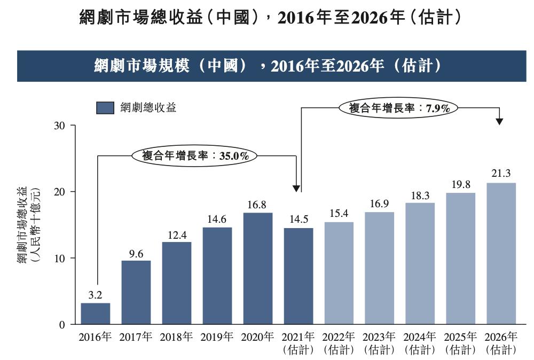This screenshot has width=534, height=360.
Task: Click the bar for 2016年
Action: click(x=96, y=314)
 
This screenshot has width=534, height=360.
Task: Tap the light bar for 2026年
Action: click(x=501, y=253)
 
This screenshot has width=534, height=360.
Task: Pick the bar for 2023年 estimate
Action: click(x=380, y=268)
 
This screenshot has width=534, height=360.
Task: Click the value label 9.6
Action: click(x=136, y=254)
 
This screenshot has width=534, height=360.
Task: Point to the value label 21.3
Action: click(x=501, y=173)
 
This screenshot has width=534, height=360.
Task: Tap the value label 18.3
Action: click(x=420, y=196)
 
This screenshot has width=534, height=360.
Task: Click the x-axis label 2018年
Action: click(x=177, y=337)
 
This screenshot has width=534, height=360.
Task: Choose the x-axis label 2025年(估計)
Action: click(x=460, y=343)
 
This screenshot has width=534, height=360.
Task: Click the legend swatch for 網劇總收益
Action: click(x=105, y=108)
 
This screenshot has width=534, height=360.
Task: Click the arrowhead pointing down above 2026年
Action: click(x=499, y=121)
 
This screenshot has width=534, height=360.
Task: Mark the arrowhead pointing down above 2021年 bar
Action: click(x=296, y=188)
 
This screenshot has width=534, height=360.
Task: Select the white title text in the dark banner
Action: click(x=268, y=66)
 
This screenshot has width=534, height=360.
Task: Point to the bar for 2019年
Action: click(x=217, y=276)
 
